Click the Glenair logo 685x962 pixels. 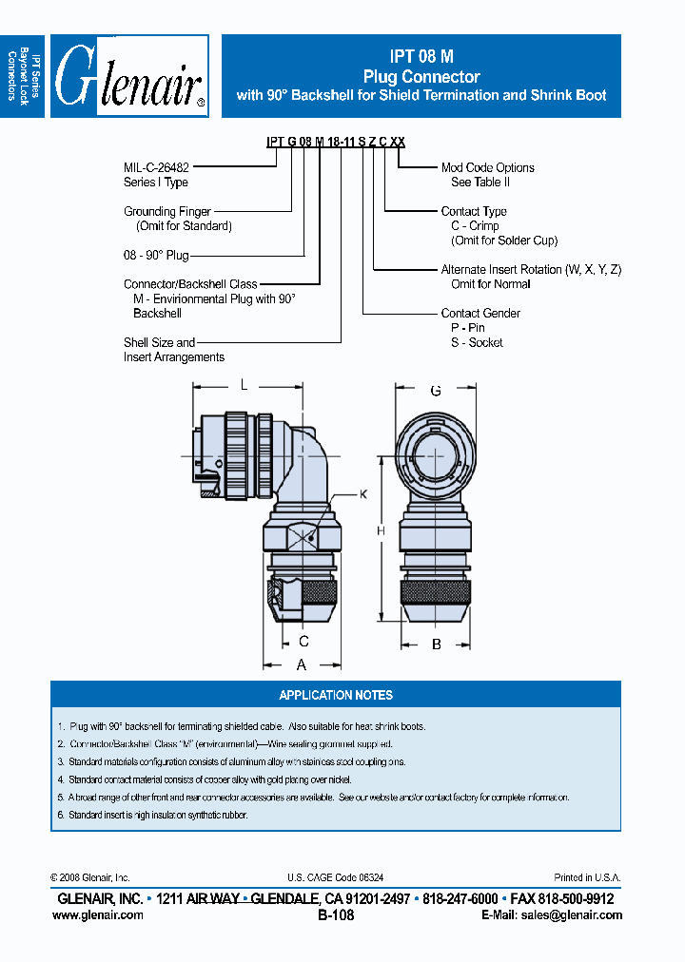point(129,77)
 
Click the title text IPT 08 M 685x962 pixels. point(421,56)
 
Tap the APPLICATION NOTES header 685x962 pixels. point(335,695)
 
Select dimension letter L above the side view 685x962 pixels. point(244,385)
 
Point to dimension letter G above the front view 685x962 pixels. point(435,391)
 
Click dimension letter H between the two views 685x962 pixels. point(381,531)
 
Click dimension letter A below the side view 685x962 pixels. point(301,664)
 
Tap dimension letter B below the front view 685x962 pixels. point(436,644)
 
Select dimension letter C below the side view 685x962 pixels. point(303,642)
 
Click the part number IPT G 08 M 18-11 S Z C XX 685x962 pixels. point(335,141)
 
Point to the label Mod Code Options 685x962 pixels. point(487,167)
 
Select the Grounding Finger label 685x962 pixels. point(167,211)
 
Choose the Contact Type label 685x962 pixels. point(474,211)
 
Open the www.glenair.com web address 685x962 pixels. point(97,914)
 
